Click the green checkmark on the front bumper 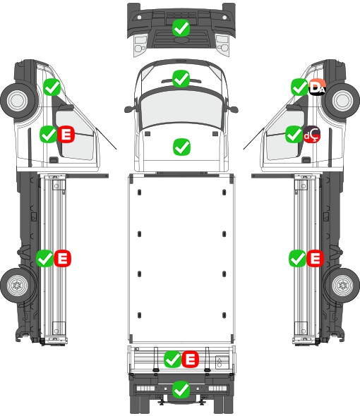pyautogui.click(x=181, y=28)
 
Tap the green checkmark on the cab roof pyautogui.click(x=181, y=78)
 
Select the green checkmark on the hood pyautogui.click(x=181, y=147)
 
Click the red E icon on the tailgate pyautogui.click(x=190, y=360)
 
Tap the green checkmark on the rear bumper pyautogui.click(x=181, y=389)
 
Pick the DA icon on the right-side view pyautogui.click(x=317, y=87)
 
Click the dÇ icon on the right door pyautogui.click(x=311, y=135)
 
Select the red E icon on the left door pyautogui.click(x=66, y=134)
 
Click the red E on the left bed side pyautogui.click(x=62, y=258)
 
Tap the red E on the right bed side pyautogui.click(x=315, y=258)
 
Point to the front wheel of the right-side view pyautogui.click(x=342, y=101)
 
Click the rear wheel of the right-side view pyautogui.click(x=342, y=286)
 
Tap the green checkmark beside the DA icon pyautogui.click(x=300, y=87)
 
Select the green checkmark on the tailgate pyautogui.click(x=173, y=360)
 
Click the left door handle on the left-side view pyautogui.click(x=54, y=160)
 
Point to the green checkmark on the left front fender pyautogui.click(x=52, y=87)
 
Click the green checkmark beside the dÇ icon pyautogui.click(x=294, y=135)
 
